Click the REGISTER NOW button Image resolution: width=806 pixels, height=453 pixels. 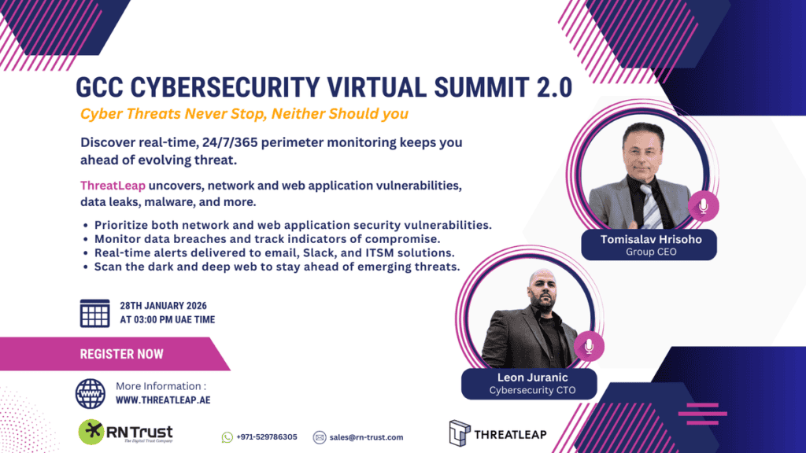(121, 354)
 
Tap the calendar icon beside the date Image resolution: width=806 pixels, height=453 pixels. (94, 313)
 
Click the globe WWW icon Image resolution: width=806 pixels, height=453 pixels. (90, 392)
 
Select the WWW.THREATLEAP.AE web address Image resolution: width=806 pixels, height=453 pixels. (163, 400)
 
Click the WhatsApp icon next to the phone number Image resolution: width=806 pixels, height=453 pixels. (227, 437)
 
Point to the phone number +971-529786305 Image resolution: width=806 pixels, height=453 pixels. (268, 437)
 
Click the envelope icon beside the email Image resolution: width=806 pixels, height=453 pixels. (320, 437)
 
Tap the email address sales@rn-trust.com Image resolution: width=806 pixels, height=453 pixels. (367, 437)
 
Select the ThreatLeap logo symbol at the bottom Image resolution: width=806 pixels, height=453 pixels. (459, 433)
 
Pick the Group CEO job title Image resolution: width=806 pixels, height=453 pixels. (649, 252)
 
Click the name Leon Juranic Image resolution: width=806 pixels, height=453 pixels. (532, 377)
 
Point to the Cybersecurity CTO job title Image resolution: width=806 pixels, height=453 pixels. (532, 390)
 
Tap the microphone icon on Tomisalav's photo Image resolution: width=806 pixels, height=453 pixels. (703, 207)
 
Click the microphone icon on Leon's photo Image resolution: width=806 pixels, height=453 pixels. (588, 346)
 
